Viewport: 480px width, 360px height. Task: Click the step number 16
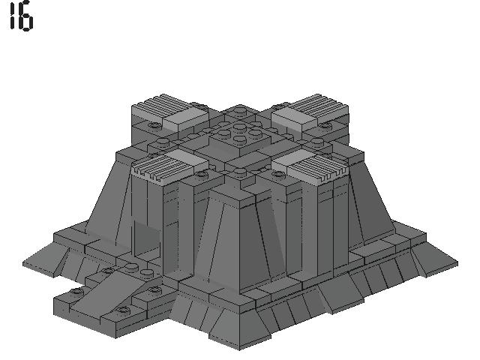21,18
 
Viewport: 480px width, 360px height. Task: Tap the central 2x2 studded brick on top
240,138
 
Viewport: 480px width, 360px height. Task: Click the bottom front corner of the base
240,347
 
